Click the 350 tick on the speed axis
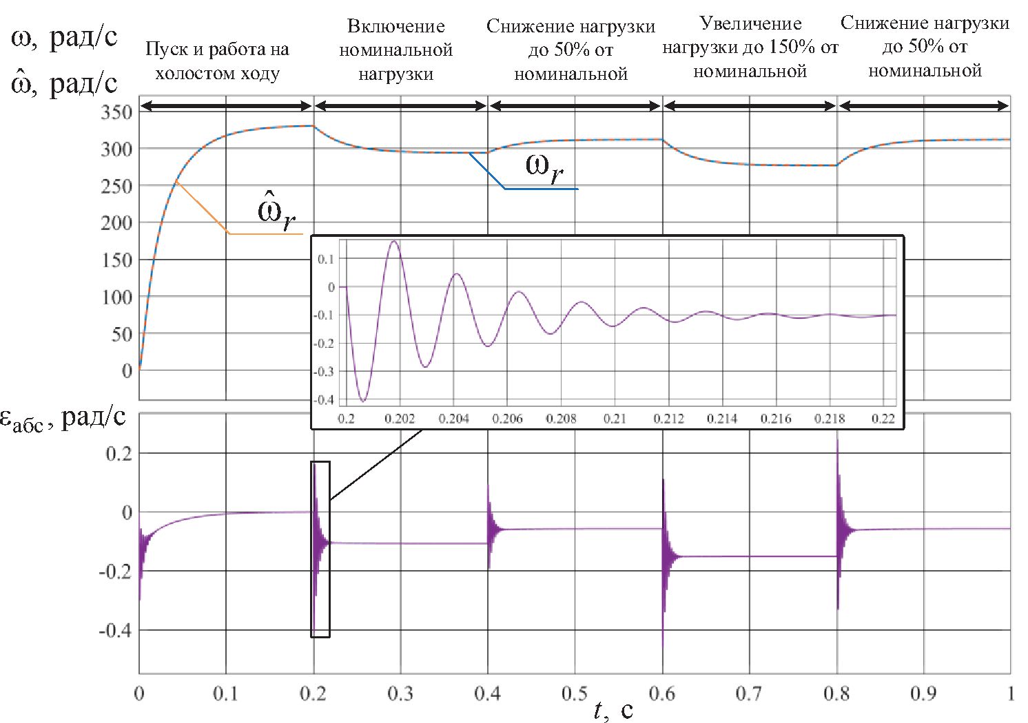pyautogui.click(x=116, y=112)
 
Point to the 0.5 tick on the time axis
pyautogui.click(x=575, y=693)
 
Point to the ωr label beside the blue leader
pyautogui.click(x=545, y=169)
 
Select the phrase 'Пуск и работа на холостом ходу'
pyautogui.click(x=218, y=61)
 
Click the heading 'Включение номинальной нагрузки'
pyautogui.click(x=396, y=50)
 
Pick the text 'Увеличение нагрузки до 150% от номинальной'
pyautogui.click(x=750, y=48)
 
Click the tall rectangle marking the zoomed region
pyautogui.click(x=320, y=549)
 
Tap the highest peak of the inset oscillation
pyautogui.click(x=393, y=242)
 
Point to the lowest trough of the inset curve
pyautogui.click(x=364, y=401)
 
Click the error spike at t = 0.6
pyautogui.click(x=663, y=647)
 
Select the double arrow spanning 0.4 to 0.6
pyautogui.click(x=575, y=106)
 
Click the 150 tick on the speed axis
pyautogui.click(x=116, y=260)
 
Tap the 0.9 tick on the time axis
pyautogui.click(x=923, y=693)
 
